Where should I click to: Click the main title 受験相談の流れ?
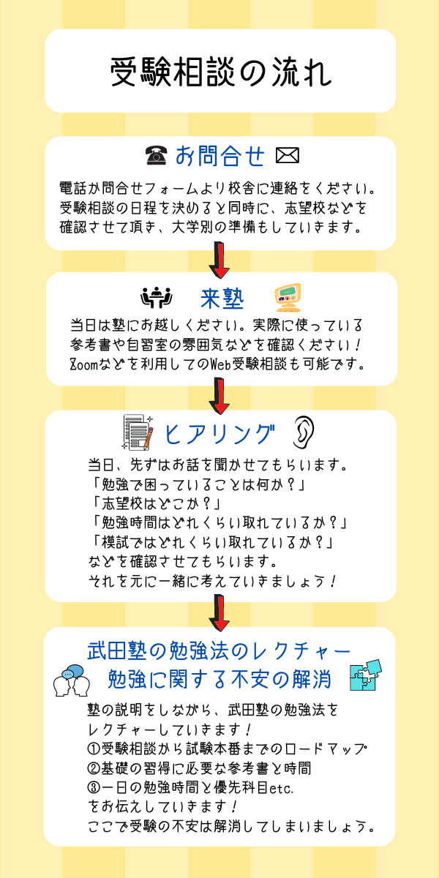click(221, 72)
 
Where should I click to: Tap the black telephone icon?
click(157, 155)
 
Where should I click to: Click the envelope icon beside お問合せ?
click(288, 155)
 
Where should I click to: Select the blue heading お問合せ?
click(220, 156)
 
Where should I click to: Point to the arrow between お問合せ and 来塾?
click(219, 260)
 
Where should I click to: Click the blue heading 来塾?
click(222, 299)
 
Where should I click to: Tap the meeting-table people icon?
click(157, 298)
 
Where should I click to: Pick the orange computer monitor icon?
click(288, 297)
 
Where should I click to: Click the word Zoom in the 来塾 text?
click(83, 364)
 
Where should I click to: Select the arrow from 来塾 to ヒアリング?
click(219, 396)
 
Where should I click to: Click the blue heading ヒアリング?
click(219, 435)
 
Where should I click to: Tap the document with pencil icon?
click(138, 432)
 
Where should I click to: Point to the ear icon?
click(304, 432)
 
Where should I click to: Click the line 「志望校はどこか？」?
click(156, 504)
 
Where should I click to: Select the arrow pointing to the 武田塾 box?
click(219, 612)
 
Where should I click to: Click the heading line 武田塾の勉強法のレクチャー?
click(219, 651)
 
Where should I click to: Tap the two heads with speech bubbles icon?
click(72, 680)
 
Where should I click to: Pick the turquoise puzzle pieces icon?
click(366, 675)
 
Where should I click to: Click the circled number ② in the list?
click(94, 768)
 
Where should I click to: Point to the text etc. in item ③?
click(282, 788)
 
